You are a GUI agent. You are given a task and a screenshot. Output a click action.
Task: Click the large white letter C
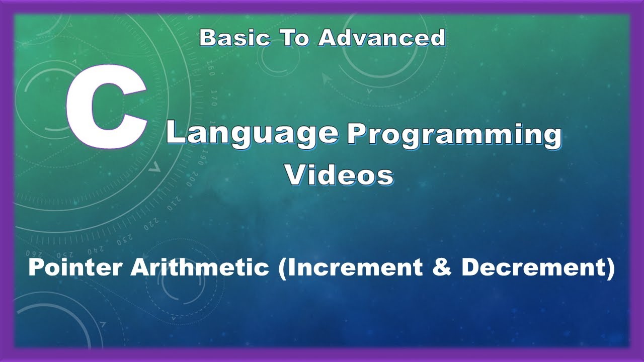click(x=103, y=108)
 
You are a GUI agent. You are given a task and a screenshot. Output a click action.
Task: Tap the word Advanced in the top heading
click(x=382, y=38)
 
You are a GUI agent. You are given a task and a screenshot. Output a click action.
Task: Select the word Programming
click(x=454, y=136)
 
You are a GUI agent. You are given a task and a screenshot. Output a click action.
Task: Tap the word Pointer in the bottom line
click(x=76, y=268)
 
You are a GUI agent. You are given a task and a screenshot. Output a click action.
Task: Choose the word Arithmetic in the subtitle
click(x=200, y=268)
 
